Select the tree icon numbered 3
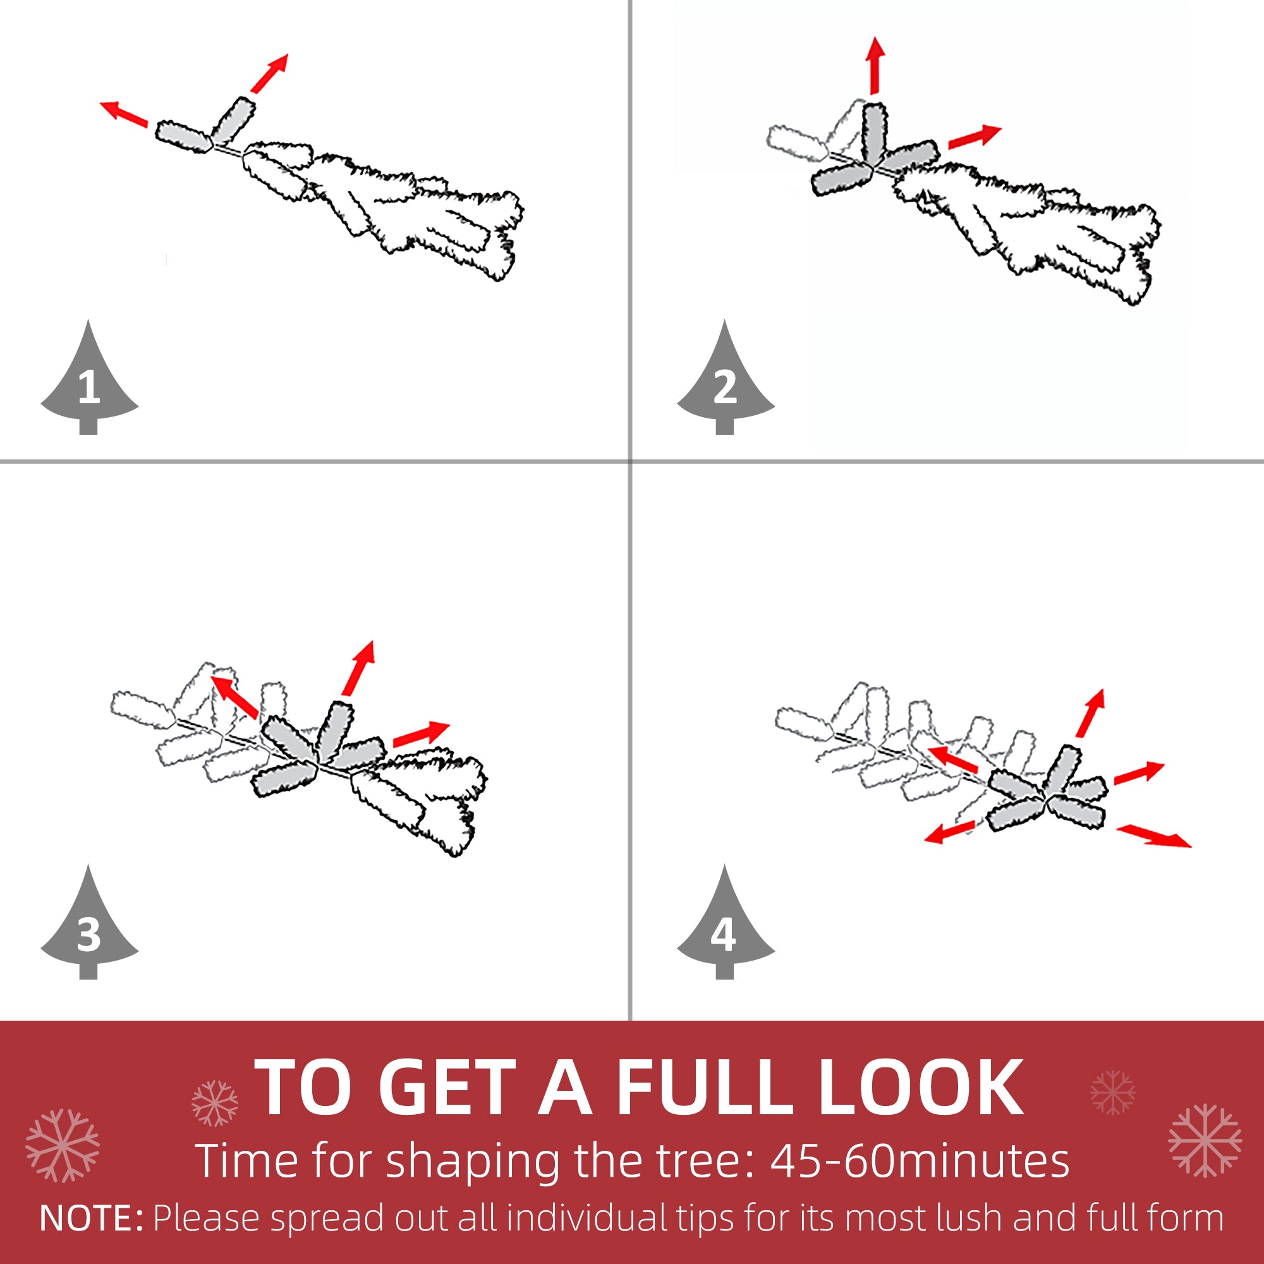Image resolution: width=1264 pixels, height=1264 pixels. coord(89,929)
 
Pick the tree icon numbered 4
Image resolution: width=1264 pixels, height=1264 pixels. coord(725,929)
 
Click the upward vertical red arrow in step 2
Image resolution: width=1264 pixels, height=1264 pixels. coord(875,66)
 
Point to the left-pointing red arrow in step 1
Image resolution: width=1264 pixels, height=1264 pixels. coord(124,113)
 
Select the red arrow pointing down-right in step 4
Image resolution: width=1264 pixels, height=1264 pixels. coord(1153,836)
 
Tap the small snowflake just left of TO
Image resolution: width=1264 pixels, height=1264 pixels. coord(215,1103)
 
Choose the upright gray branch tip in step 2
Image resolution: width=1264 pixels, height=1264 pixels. coord(875,134)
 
